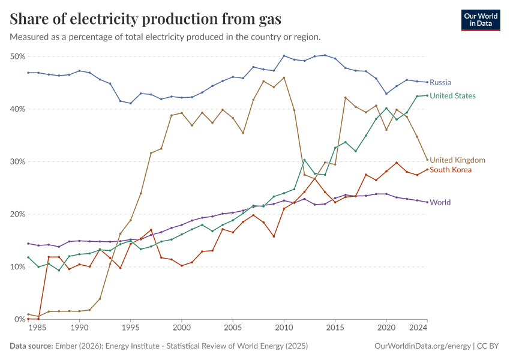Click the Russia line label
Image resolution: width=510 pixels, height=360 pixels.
tap(440, 82)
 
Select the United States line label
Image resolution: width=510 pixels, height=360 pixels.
tap(453, 95)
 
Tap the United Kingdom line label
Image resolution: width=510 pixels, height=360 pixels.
tap(458, 160)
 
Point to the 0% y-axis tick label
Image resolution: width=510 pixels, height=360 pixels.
tap(19, 319)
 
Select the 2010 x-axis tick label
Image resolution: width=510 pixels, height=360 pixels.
tap(284, 328)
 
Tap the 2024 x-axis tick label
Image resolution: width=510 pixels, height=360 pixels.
tap(418, 328)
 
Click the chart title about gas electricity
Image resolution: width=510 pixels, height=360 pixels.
tap(146, 19)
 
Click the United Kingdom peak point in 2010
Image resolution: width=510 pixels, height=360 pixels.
tap(284, 77)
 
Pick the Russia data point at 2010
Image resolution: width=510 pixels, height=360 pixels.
tap(284, 56)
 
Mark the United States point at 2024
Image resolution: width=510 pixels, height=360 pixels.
tap(427, 95)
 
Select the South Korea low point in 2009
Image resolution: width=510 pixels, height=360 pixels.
tap(274, 236)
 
